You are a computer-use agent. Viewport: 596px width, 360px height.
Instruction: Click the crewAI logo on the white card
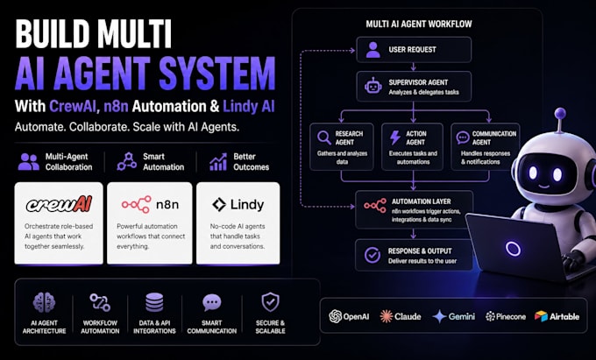pos(59,204)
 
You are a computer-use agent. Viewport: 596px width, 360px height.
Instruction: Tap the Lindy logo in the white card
pos(238,205)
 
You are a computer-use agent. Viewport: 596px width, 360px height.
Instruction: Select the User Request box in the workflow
pos(414,50)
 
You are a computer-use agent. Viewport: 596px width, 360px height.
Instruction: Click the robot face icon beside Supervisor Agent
pos(372,86)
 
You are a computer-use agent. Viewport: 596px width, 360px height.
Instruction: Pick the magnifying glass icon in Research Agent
pos(323,138)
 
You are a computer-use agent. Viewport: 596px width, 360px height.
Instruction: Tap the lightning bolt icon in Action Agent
pos(395,138)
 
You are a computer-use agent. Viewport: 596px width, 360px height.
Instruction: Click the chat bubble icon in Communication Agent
pos(463,138)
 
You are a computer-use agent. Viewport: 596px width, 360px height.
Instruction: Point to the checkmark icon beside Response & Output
pos(372,255)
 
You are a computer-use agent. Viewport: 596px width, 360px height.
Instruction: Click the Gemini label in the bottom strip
pos(461,316)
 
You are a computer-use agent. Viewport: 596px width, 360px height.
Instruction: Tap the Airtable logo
pos(557,316)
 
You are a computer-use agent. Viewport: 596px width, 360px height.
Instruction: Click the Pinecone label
pos(511,317)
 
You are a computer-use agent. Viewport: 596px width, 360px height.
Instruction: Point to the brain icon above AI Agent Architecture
pos(44,302)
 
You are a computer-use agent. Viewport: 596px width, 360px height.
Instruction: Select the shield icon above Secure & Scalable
pos(270,302)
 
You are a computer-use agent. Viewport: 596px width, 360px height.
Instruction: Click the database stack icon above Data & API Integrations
pos(154,302)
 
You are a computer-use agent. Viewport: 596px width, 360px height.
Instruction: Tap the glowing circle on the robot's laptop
pos(513,249)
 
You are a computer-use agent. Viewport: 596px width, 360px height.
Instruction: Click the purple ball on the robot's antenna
pos(560,113)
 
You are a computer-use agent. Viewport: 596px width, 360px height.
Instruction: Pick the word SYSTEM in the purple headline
pos(217,73)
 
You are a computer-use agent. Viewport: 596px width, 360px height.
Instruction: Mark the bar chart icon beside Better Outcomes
pos(218,162)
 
